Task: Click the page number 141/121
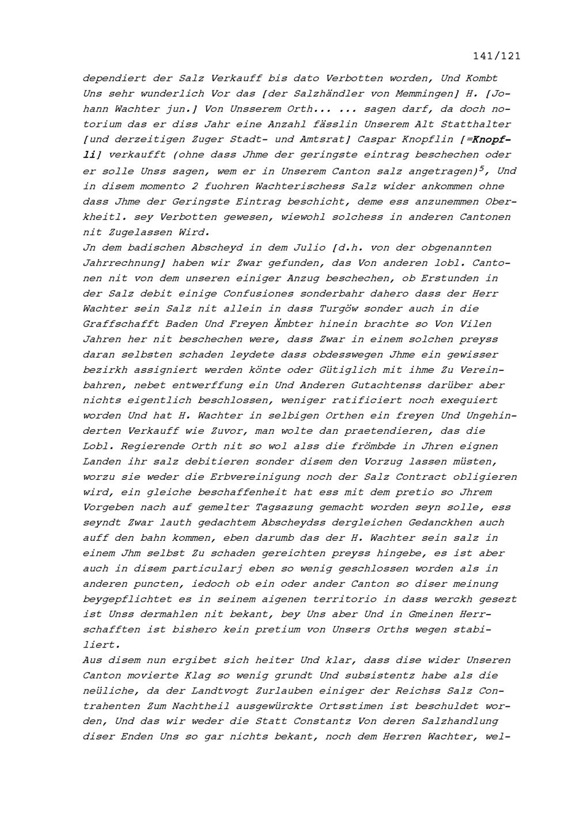pyautogui.click(x=497, y=56)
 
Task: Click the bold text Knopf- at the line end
pyautogui.click(x=491, y=140)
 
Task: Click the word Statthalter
pyautogui.click(x=475, y=124)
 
